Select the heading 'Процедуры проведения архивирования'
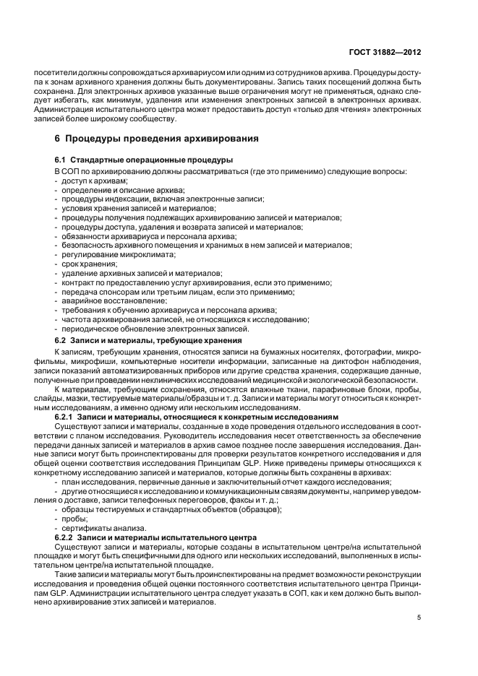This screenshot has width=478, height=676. [x=155, y=137]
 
